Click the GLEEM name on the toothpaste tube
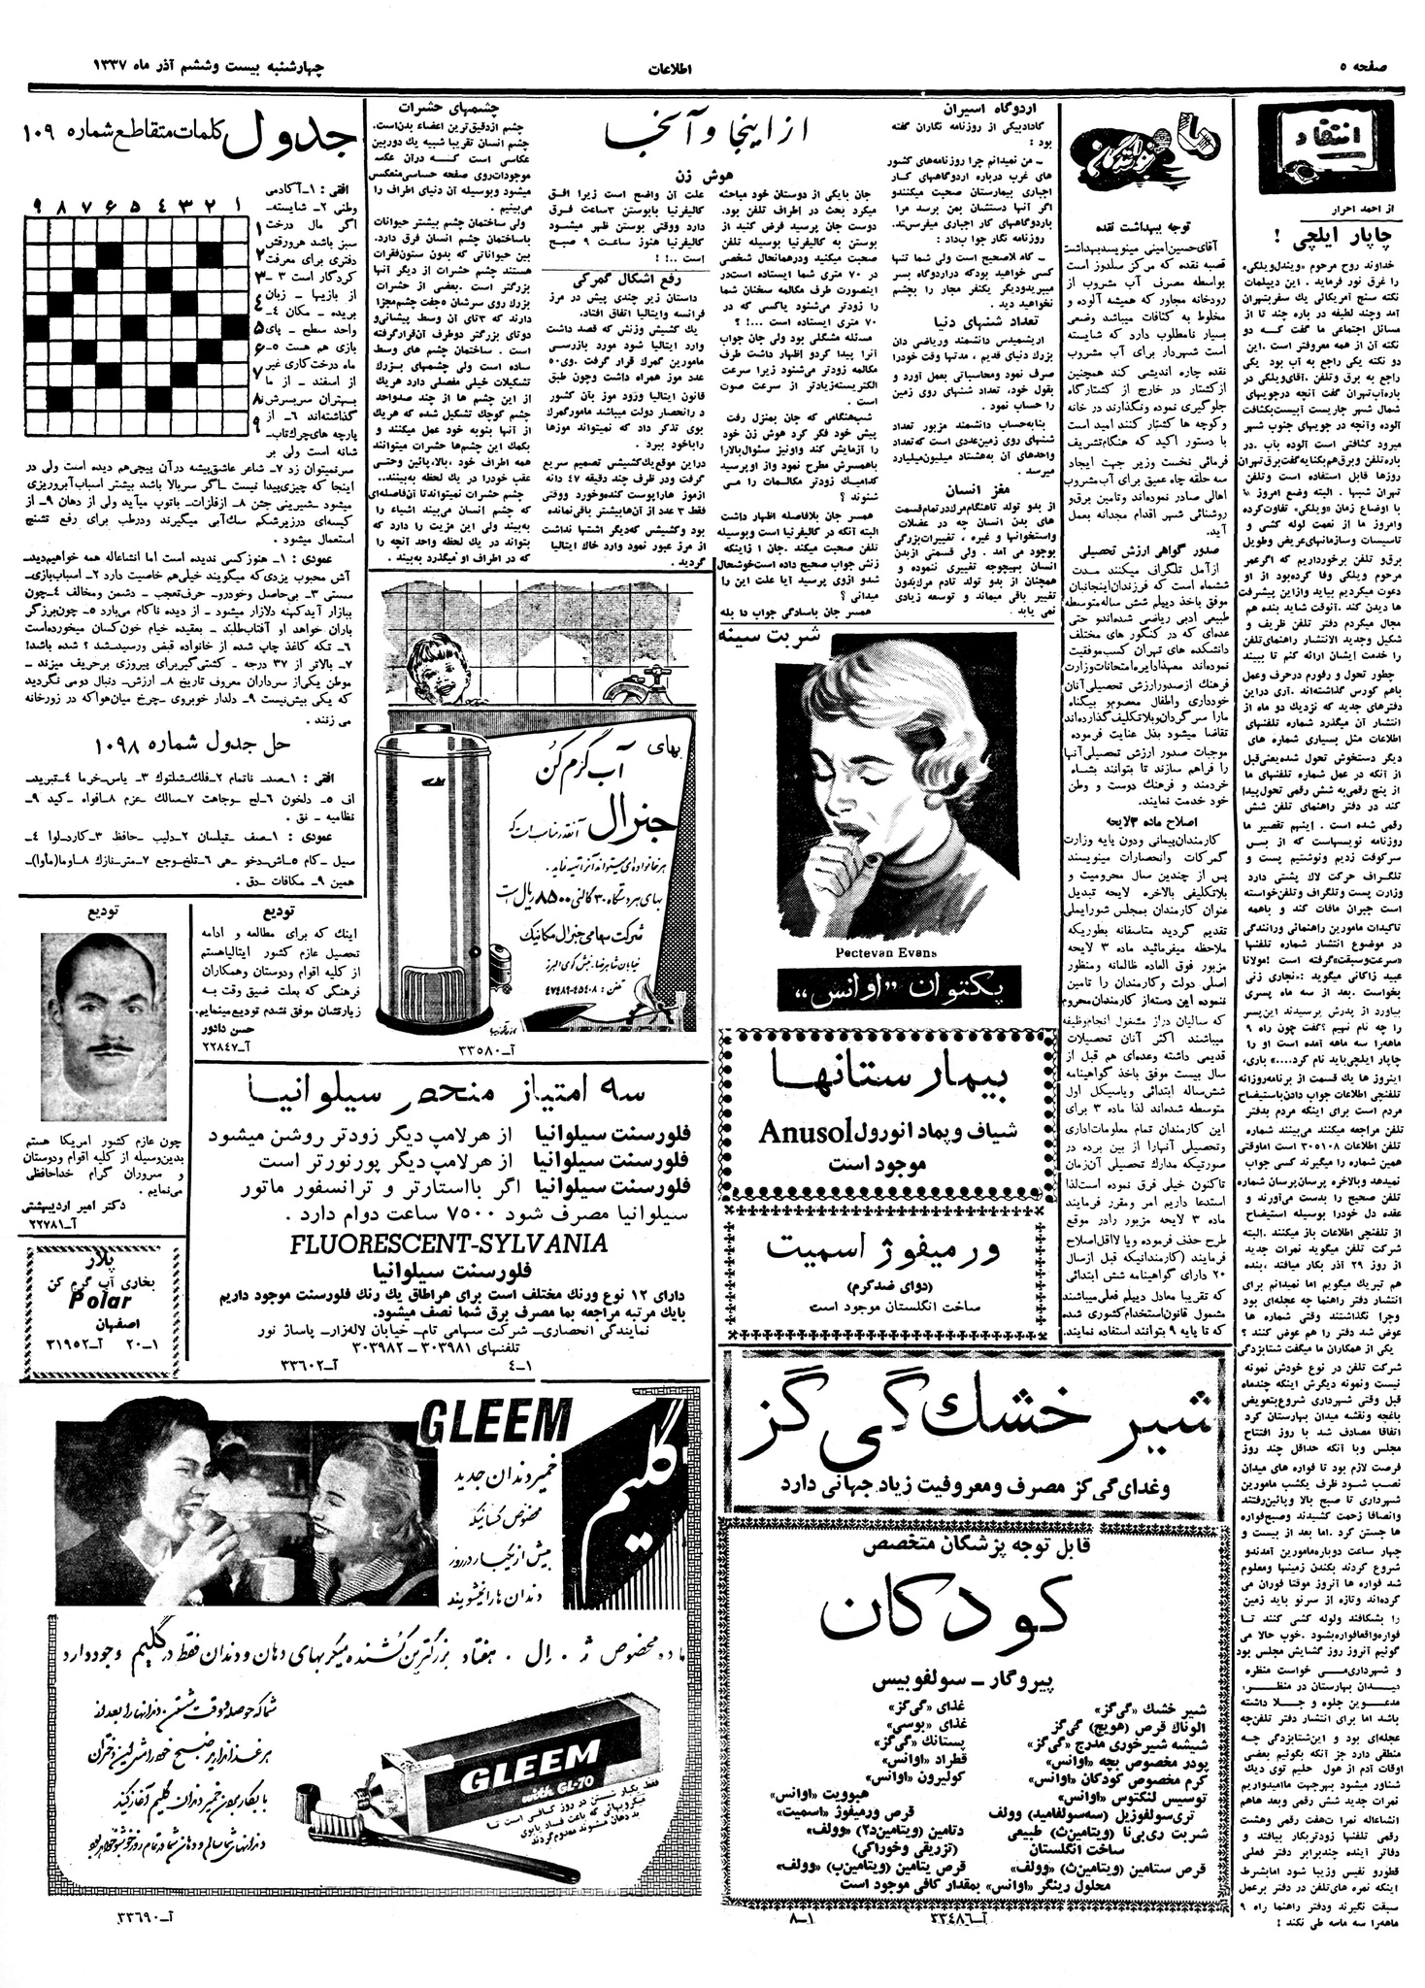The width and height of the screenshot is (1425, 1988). (x=539, y=1776)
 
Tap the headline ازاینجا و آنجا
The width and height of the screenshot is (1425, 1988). (x=712, y=137)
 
